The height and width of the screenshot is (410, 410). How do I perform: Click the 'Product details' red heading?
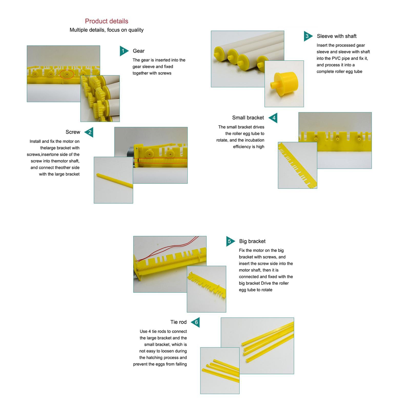(107, 21)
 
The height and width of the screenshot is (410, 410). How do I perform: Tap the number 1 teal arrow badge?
(124, 51)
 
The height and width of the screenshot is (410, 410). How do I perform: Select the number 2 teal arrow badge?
(89, 132)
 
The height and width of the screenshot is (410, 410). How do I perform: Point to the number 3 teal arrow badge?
(308, 36)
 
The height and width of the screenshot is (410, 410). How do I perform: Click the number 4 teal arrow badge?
(273, 118)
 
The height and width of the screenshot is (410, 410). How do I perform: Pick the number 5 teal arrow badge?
(230, 241)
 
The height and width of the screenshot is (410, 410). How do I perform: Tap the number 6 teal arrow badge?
(196, 322)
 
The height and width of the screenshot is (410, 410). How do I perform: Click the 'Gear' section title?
(139, 51)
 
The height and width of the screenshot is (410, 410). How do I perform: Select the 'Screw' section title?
(73, 132)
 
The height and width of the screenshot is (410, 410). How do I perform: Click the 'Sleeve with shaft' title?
(337, 36)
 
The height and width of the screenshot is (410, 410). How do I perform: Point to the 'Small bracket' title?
(248, 118)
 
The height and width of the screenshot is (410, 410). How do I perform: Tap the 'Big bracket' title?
(252, 241)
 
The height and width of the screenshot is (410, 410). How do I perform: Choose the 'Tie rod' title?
(178, 322)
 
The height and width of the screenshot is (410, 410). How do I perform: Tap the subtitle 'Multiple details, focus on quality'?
(107, 30)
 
